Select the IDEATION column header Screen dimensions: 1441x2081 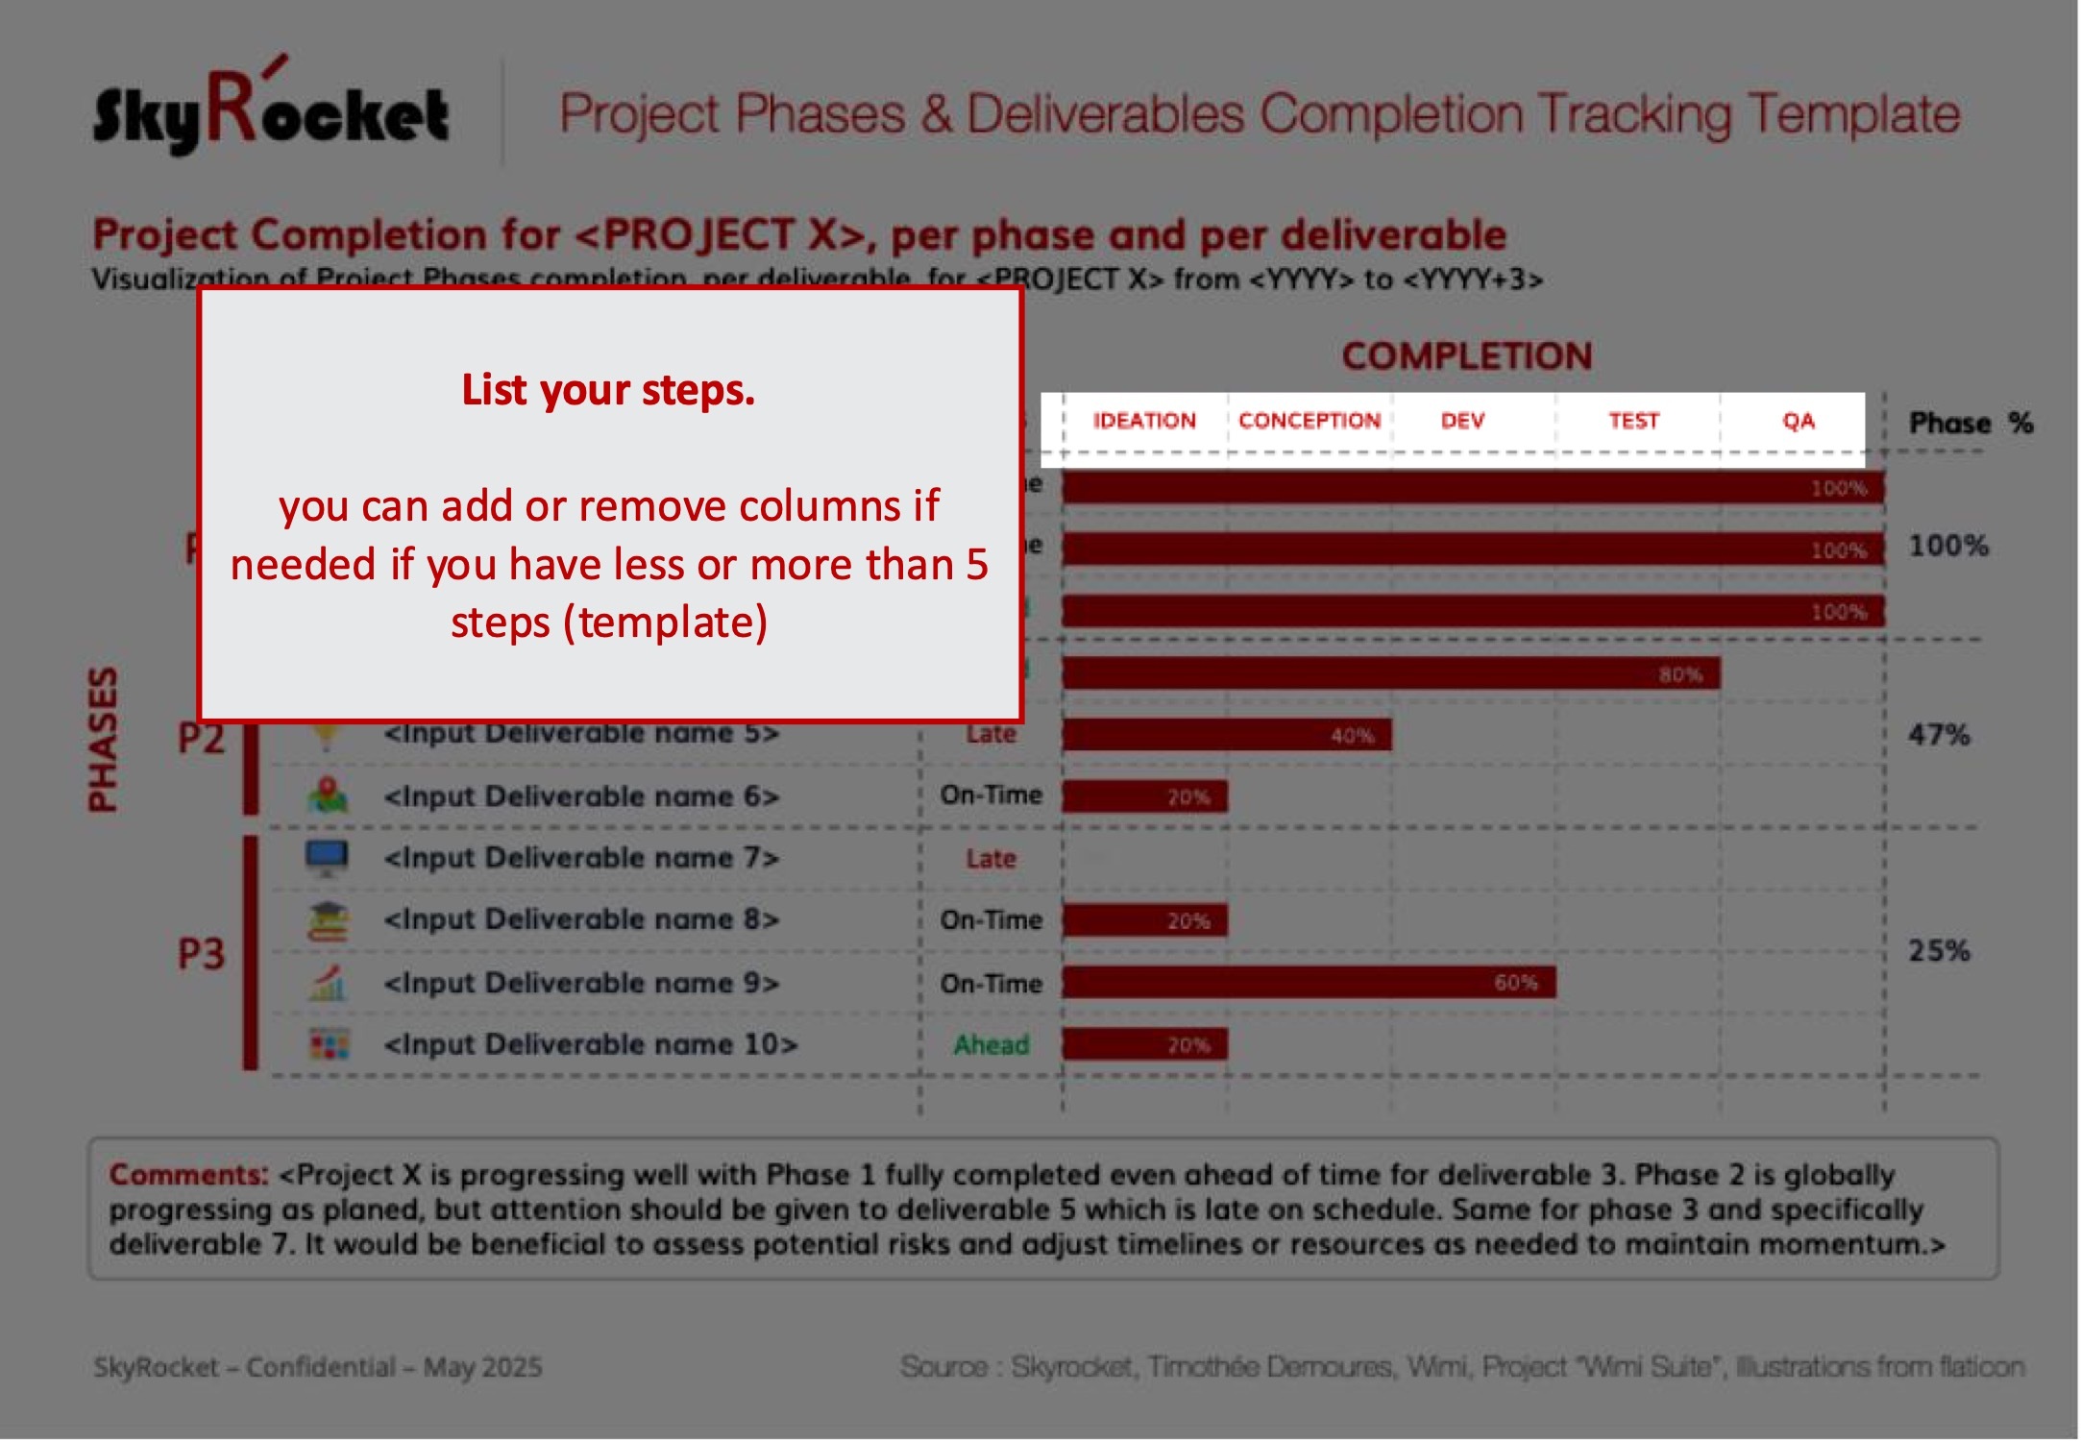pyautogui.click(x=1143, y=421)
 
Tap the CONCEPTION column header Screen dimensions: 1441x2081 pyautogui.click(x=1309, y=421)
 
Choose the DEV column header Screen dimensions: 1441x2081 pyautogui.click(x=1462, y=421)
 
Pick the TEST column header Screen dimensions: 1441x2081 pyautogui.click(x=1633, y=421)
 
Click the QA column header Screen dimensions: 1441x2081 pyautogui.click(x=1798, y=421)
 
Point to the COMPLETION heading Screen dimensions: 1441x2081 pyautogui.click(x=1466, y=356)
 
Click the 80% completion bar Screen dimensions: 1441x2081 pyautogui.click(x=1390, y=673)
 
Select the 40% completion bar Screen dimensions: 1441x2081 pyautogui.click(x=1226, y=735)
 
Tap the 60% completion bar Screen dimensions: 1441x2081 pyautogui.click(x=1308, y=983)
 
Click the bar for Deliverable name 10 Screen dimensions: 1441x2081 pyautogui.click(x=1143, y=1044)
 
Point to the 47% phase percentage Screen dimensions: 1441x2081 pyautogui.click(x=1939, y=736)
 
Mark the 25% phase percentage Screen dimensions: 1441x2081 pyautogui.click(x=1939, y=951)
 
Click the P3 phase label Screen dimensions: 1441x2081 pyautogui.click(x=201, y=954)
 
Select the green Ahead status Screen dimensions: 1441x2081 pyautogui.click(x=991, y=1044)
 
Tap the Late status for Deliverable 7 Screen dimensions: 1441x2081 pyautogui.click(x=991, y=859)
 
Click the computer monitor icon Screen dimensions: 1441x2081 pyautogui.click(x=327, y=857)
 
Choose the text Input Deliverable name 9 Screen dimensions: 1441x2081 pyautogui.click(x=581, y=983)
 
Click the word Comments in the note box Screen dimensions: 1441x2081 pyautogui.click(x=188, y=1174)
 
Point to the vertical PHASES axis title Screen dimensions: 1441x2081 pyautogui.click(x=103, y=739)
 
